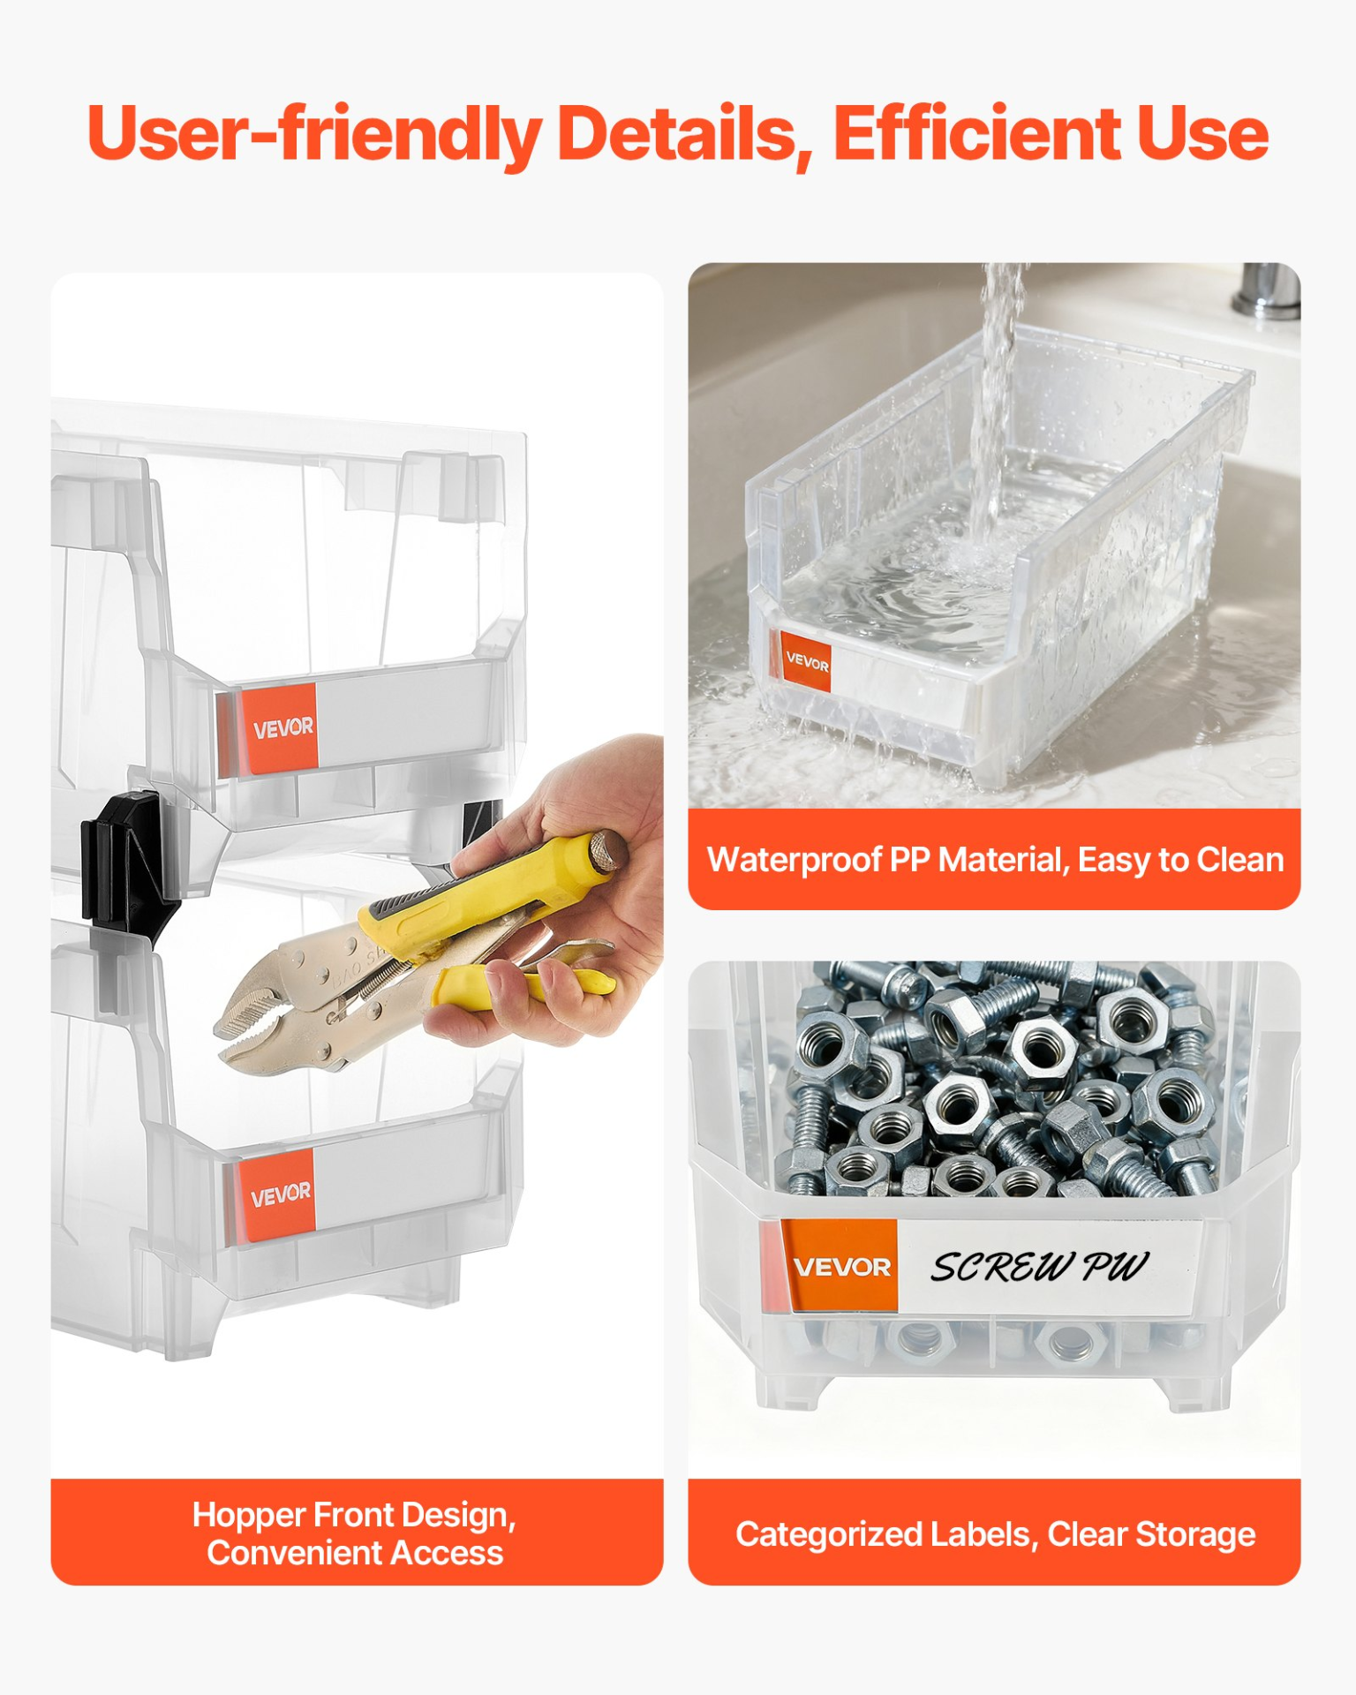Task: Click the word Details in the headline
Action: pyautogui.click(x=678, y=134)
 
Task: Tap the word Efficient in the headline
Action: pyautogui.click(x=976, y=134)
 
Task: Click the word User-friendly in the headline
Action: pyautogui.click(x=314, y=134)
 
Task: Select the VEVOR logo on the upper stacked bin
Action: pyautogui.click(x=282, y=728)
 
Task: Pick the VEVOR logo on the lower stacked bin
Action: pyautogui.click(x=281, y=1195)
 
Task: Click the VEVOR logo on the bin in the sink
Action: pyautogui.click(x=807, y=661)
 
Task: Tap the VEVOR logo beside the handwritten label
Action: pyautogui.click(x=841, y=1268)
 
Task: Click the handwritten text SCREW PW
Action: pyautogui.click(x=1039, y=1267)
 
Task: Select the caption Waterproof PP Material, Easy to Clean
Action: pyautogui.click(x=995, y=860)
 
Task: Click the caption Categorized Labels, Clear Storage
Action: pyautogui.click(x=995, y=1534)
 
